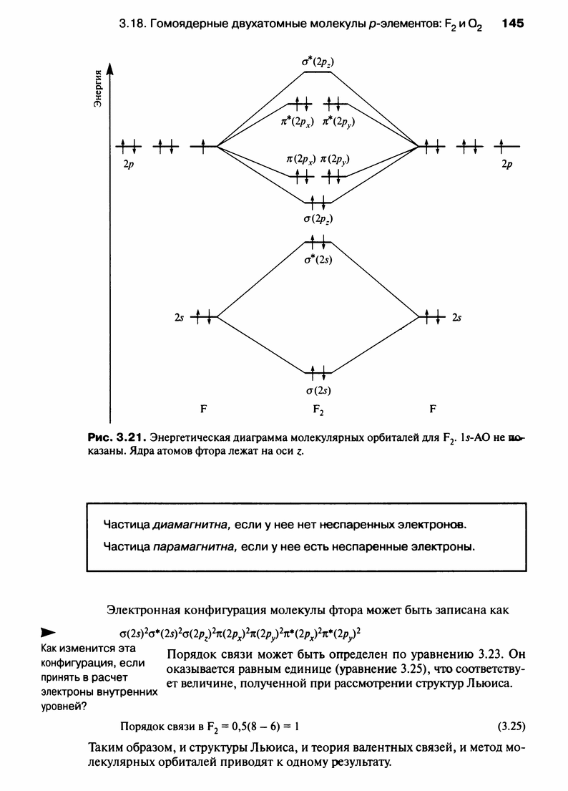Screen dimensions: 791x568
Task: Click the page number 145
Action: [x=513, y=23]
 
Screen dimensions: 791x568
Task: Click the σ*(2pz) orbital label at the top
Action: [x=318, y=62]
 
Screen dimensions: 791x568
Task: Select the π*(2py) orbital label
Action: [x=339, y=121]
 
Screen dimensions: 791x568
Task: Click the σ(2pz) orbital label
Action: [x=318, y=218]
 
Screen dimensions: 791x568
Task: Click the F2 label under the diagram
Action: [x=318, y=412]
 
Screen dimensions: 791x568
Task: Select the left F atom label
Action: [x=204, y=410]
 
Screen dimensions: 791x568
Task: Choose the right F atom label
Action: [x=433, y=410]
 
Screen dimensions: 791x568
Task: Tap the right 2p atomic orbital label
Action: [x=507, y=164]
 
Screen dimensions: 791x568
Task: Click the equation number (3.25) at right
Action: [x=511, y=725]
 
